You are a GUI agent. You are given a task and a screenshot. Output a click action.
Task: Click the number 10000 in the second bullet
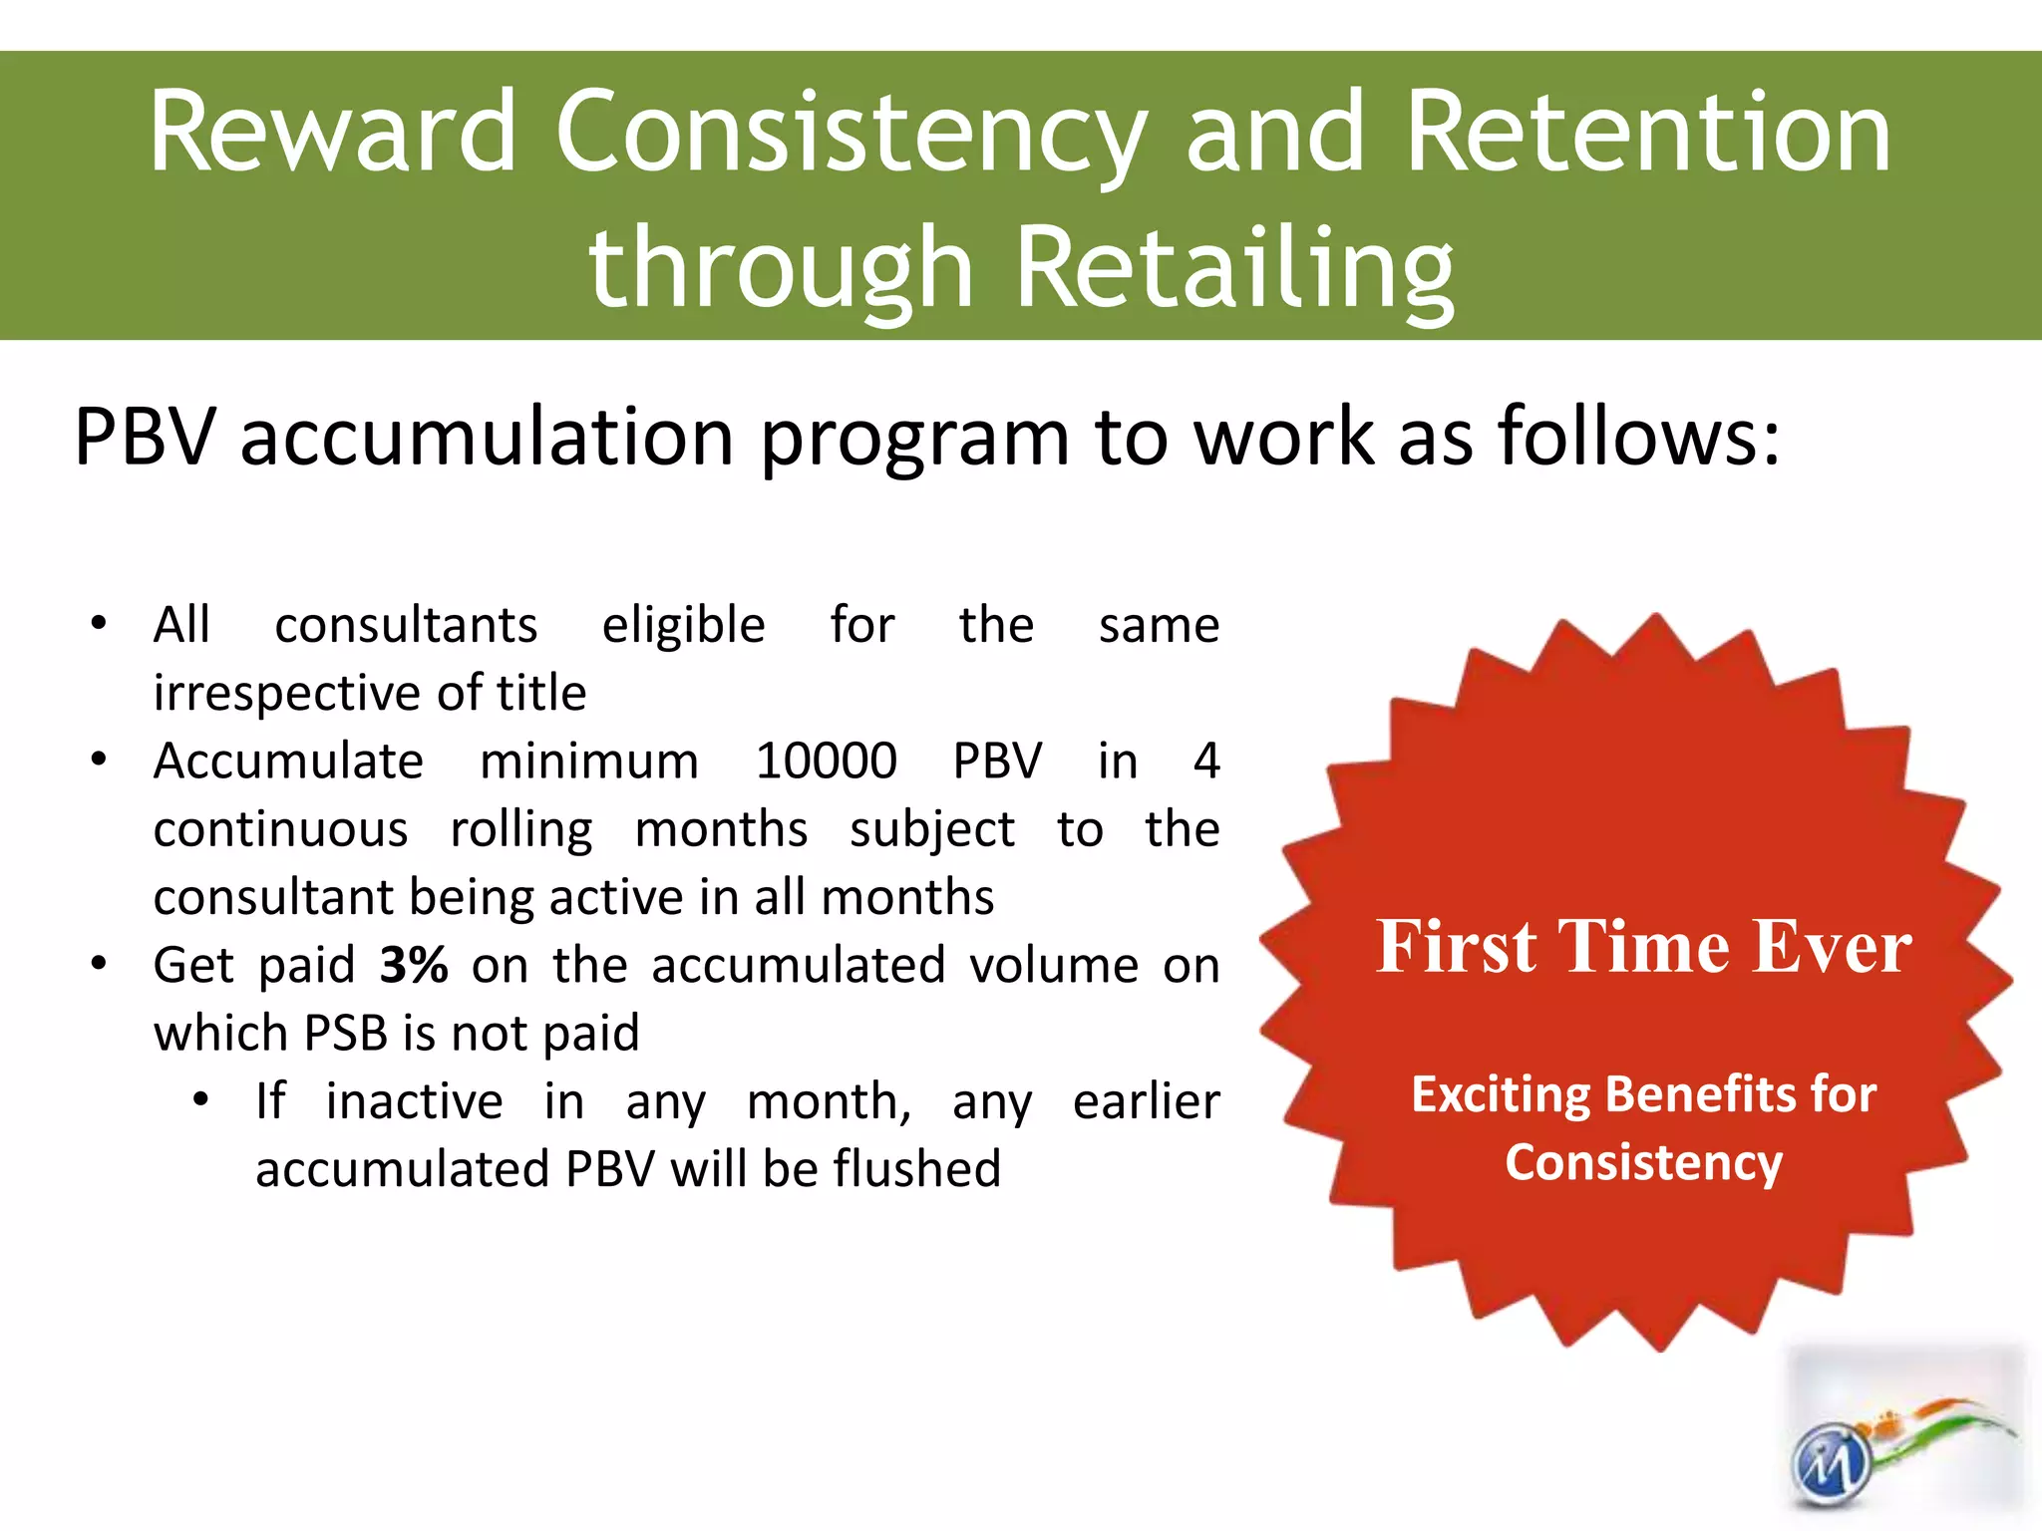[826, 762]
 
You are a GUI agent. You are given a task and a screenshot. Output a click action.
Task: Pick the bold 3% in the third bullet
[414, 965]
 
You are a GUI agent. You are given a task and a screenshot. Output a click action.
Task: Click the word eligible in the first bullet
[683, 626]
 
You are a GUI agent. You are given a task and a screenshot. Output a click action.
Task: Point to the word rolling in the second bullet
[521, 830]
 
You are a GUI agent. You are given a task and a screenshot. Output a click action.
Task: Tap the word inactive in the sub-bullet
[414, 1101]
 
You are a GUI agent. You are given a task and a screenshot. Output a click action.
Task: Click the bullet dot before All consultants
[98, 625]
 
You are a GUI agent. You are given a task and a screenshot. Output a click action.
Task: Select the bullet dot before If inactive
[200, 1100]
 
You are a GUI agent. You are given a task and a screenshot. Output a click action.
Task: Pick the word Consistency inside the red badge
[1643, 1162]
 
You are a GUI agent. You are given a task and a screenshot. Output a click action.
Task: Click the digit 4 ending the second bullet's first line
[1205, 762]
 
